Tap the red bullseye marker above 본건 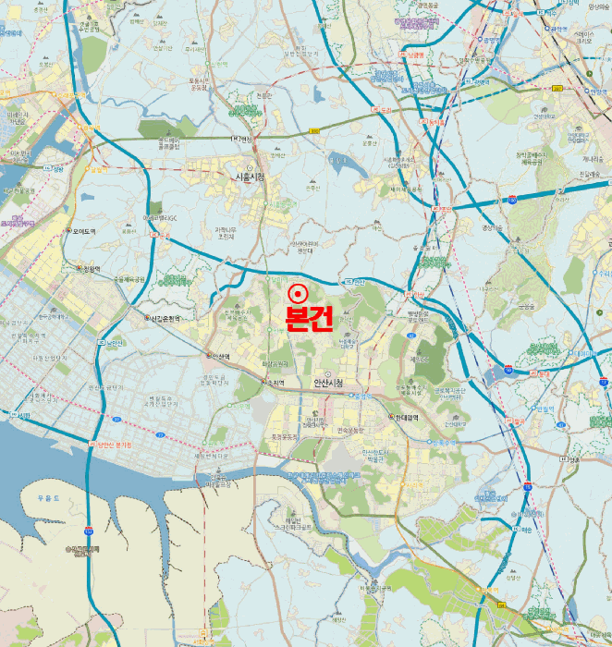298,293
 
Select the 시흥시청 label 250,177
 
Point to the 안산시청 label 328,383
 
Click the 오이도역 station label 80,231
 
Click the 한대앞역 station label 404,417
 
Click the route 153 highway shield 89,531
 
